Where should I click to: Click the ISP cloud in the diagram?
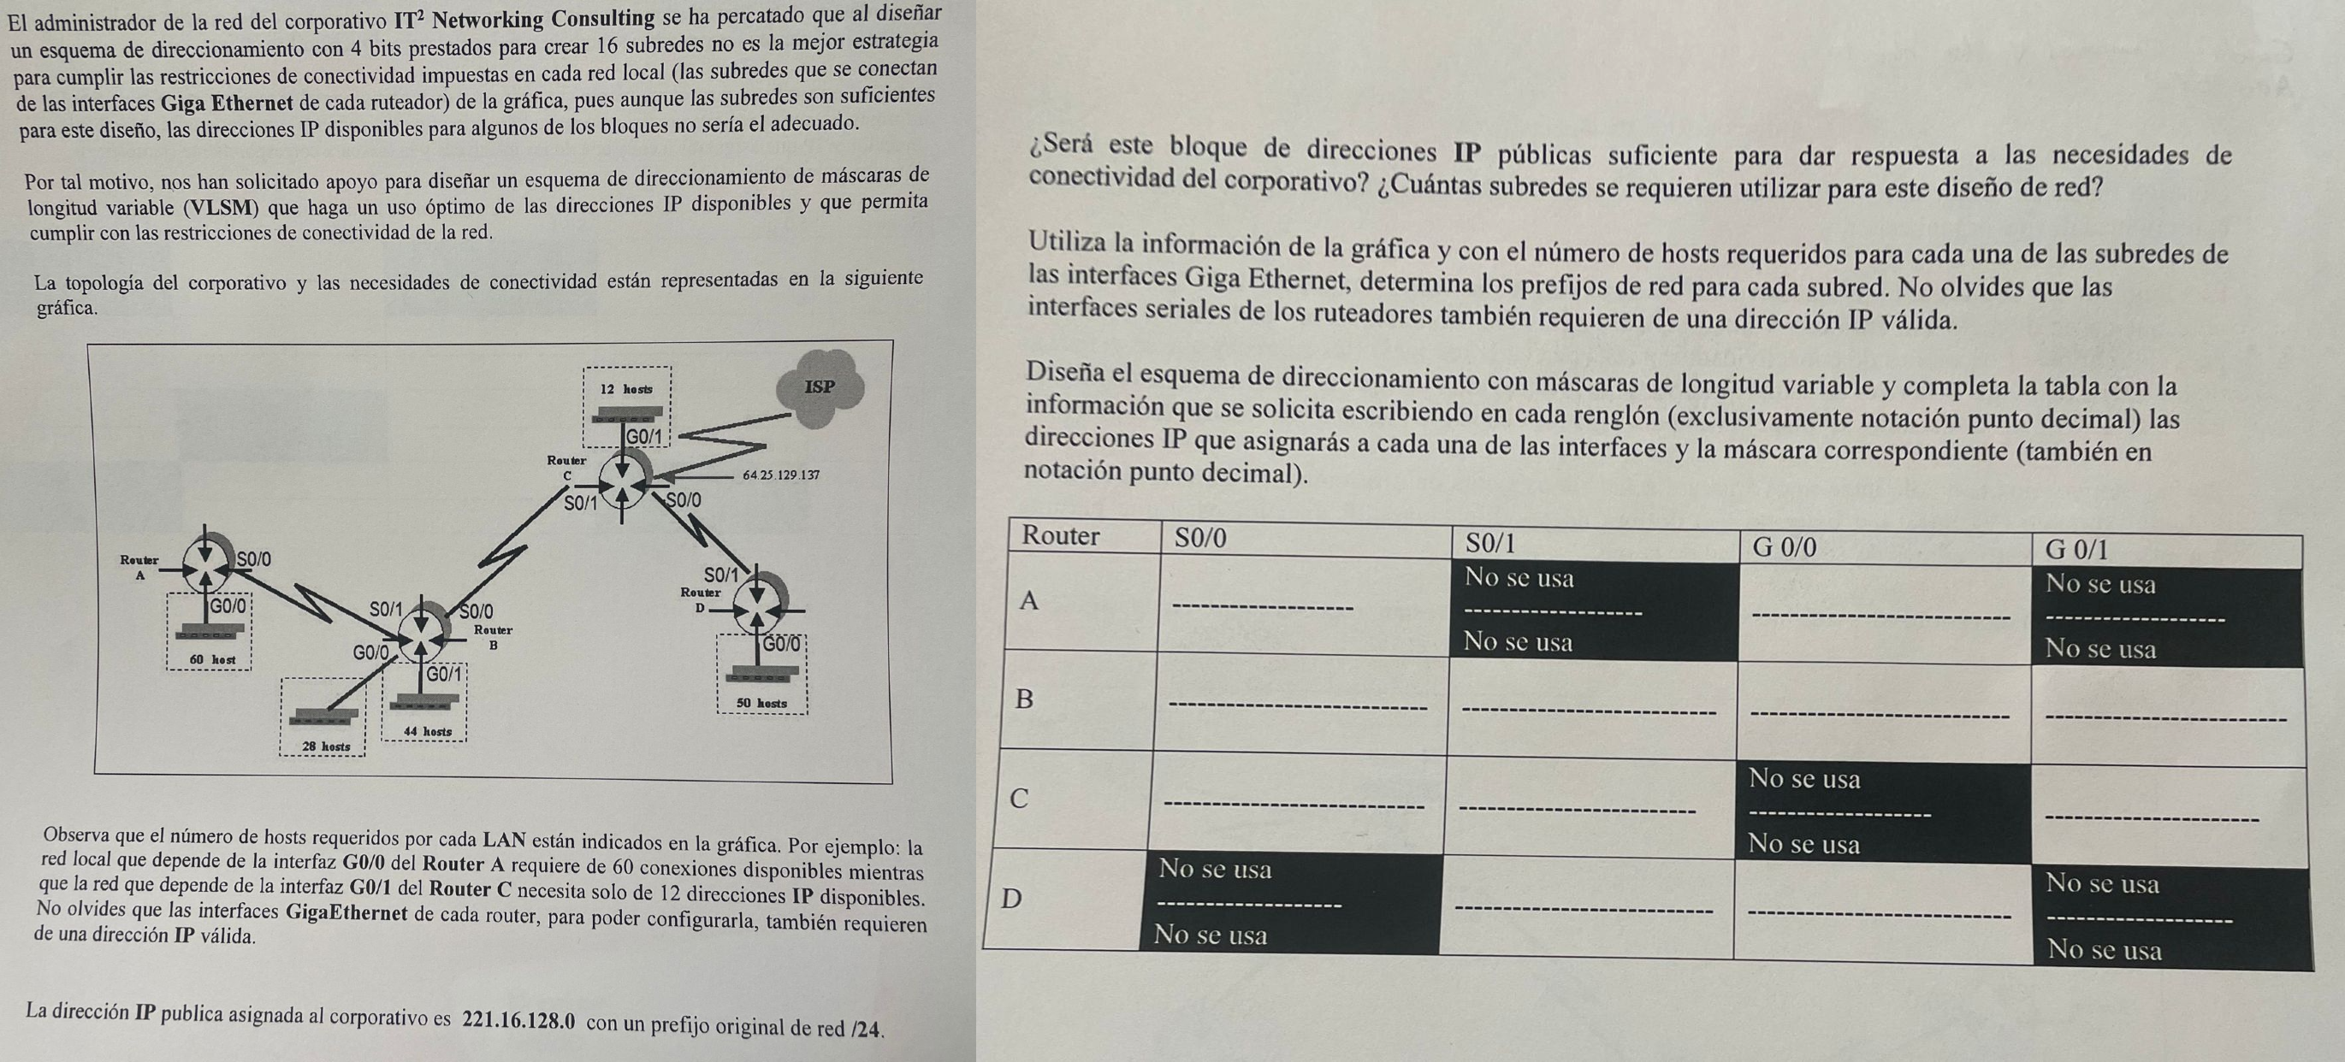point(820,387)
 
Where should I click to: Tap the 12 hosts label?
point(626,388)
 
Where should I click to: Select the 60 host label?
point(212,659)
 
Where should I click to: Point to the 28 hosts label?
point(326,746)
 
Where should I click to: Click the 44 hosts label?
point(427,731)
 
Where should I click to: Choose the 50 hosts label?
point(761,703)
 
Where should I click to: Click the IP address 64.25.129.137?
point(781,475)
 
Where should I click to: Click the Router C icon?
point(624,481)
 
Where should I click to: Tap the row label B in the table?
point(1024,699)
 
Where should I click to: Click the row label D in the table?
point(1011,898)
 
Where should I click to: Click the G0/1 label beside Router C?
point(644,437)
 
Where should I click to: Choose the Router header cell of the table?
point(1061,535)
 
